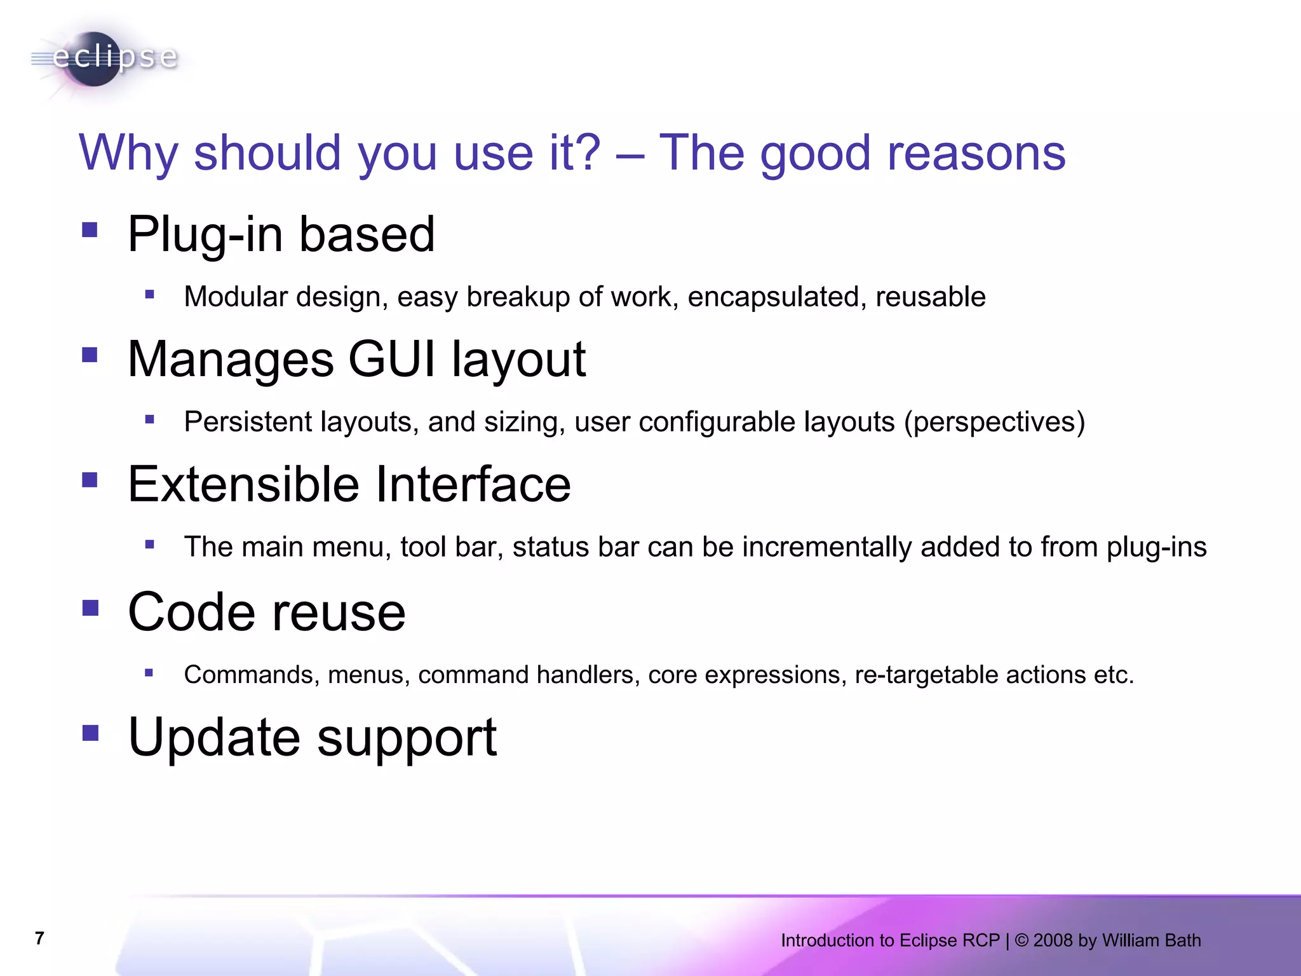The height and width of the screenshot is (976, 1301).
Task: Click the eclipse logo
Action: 105,58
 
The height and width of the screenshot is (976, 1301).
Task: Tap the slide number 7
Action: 39,939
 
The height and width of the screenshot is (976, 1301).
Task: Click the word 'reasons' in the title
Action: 976,154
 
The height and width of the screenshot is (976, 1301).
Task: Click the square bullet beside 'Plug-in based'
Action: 90,229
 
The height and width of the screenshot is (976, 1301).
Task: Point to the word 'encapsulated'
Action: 776,297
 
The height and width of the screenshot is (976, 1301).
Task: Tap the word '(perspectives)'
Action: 994,423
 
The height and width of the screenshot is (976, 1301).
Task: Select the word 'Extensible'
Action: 243,484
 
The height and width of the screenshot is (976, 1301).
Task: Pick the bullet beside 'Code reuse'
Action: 90,608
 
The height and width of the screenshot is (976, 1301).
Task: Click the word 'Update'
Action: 214,737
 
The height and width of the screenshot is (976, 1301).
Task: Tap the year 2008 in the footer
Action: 1052,940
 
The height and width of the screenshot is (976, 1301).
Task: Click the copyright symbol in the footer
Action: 1021,940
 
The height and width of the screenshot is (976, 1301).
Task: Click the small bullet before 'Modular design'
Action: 150,294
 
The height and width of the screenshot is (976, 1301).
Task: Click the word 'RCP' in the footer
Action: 981,940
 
